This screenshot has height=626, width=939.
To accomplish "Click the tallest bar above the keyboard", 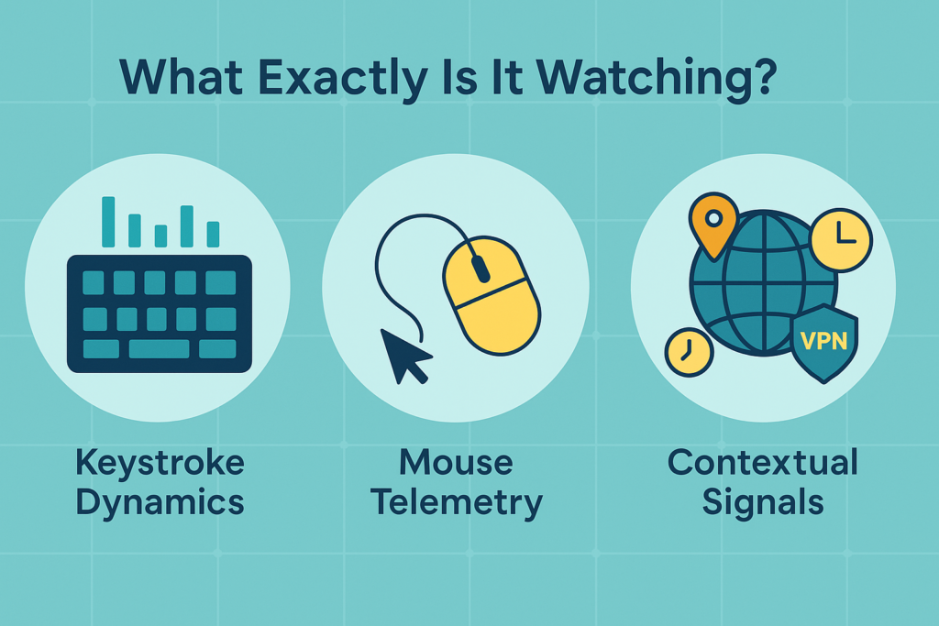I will click(109, 222).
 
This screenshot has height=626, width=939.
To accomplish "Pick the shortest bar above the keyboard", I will click(160, 236).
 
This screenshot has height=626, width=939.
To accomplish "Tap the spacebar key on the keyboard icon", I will click(159, 349).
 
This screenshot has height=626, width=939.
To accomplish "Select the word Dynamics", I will click(160, 502).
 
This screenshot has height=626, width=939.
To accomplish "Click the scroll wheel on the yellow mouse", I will click(479, 269).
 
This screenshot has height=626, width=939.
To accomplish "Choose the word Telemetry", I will click(456, 502).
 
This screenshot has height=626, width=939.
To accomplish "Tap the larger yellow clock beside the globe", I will click(841, 239).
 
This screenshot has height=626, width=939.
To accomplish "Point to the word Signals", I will click(763, 502).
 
